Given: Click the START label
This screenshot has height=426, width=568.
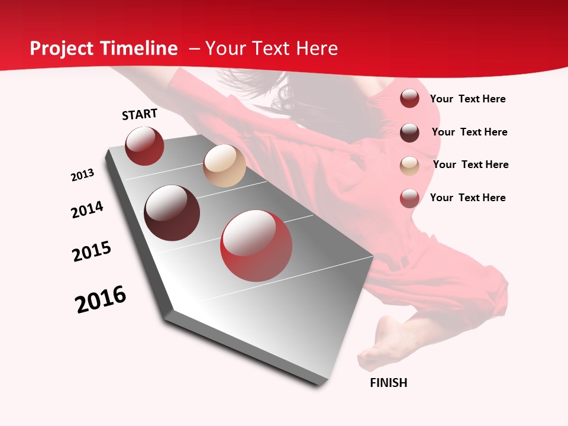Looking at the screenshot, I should pyautogui.click(x=140, y=115).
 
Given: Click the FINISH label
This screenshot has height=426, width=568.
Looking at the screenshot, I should pyautogui.click(x=389, y=383).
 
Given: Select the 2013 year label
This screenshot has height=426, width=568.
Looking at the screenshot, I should pyautogui.click(x=83, y=175).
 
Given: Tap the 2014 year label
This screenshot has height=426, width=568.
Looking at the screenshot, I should pyautogui.click(x=88, y=209).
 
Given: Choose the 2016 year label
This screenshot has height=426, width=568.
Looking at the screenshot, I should pyautogui.click(x=101, y=299).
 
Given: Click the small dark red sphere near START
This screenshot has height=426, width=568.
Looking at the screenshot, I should pyautogui.click(x=144, y=146).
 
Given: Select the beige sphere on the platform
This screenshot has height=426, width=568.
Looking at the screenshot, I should pyautogui.click(x=224, y=166).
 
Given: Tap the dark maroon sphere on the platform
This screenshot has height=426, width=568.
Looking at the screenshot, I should pyautogui.click(x=172, y=213).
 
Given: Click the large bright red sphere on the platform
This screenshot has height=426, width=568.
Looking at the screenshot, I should pyautogui.click(x=256, y=246).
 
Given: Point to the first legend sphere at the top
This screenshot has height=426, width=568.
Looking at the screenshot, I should pyautogui.click(x=409, y=98).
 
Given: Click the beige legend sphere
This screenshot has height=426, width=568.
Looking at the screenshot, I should pyautogui.click(x=409, y=166).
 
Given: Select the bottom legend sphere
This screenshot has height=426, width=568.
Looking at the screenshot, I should pyautogui.click(x=409, y=198).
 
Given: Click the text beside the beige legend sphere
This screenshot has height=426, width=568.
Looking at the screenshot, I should pyautogui.click(x=471, y=164).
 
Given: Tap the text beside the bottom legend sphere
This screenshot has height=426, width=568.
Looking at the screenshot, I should pyautogui.click(x=468, y=198).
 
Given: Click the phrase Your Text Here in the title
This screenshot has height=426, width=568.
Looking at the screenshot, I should pyautogui.click(x=272, y=49).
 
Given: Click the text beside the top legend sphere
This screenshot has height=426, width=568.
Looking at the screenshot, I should pyautogui.click(x=468, y=99).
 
